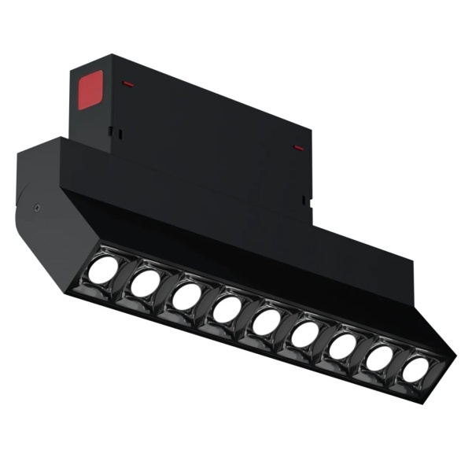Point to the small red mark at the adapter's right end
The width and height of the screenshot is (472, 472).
tap(298, 146)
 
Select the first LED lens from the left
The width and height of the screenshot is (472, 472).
tap(102, 270)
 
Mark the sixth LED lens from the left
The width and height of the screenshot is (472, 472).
tap(304, 334)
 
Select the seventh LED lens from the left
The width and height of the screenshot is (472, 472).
tap(343, 346)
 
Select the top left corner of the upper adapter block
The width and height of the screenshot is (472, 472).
tap(72, 69)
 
